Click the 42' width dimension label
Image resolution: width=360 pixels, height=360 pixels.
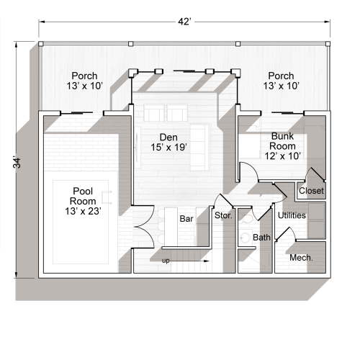point(185,22)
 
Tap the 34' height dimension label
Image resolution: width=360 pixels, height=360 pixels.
point(17,162)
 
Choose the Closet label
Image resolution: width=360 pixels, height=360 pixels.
point(311,191)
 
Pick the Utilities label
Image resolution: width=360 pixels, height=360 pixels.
point(292,215)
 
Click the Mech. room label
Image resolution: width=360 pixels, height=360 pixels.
point(300,257)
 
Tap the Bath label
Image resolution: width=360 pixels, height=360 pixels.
point(261,237)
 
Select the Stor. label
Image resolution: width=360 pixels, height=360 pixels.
point(222,215)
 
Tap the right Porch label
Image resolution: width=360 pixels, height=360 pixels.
point(281,81)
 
